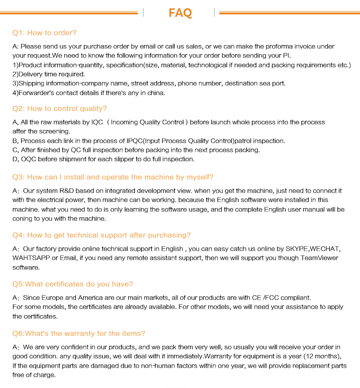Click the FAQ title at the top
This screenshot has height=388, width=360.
(180, 12)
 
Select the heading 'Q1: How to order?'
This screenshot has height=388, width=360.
(44, 33)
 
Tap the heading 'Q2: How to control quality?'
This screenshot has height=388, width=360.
(60, 108)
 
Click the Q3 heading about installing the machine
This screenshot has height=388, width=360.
(113, 177)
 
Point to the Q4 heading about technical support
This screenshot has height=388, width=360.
(101, 235)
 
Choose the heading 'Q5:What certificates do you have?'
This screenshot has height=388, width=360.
(72, 284)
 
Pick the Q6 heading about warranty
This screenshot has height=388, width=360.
(79, 333)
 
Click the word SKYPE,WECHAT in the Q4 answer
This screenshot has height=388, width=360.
(312, 248)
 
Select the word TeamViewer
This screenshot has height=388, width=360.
(319, 258)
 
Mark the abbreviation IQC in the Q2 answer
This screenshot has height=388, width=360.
(97, 122)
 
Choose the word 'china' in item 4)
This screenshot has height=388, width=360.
(155, 93)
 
